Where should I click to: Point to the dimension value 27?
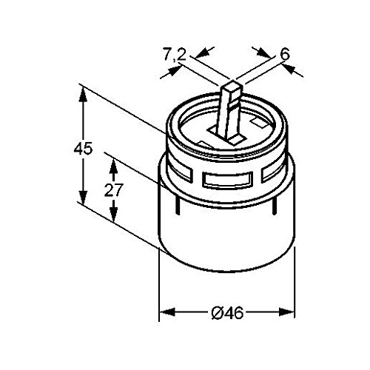click(112, 189)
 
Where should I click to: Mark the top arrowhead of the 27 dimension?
click(112, 158)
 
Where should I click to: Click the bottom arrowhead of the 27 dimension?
click(112, 219)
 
